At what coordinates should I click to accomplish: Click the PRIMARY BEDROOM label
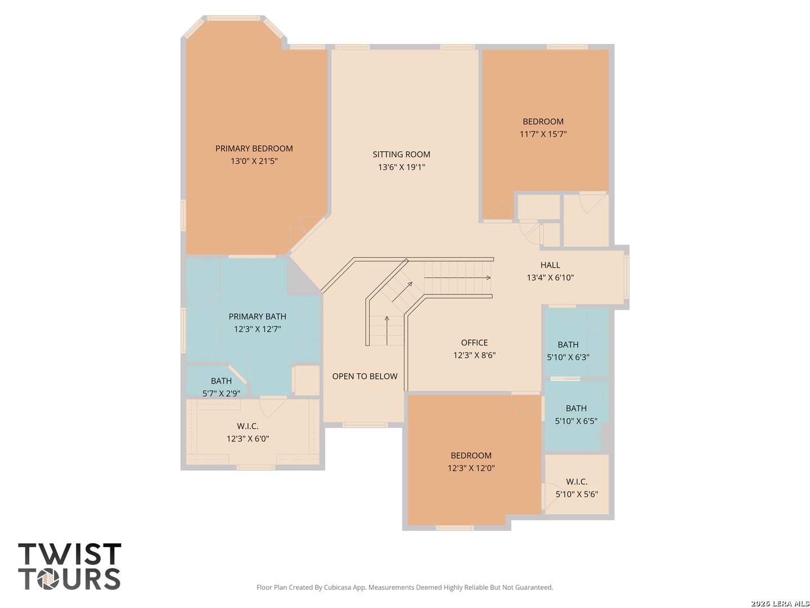[254, 149]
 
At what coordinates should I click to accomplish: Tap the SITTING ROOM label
[401, 154]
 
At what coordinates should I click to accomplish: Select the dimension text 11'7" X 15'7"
[543, 134]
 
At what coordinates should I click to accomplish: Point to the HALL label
[550, 265]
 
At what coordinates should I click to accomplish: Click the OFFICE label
[474, 343]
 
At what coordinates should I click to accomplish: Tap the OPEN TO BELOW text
[364, 376]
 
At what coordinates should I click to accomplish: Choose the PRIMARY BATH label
[257, 316]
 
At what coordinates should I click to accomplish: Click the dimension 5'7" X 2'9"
[221, 394]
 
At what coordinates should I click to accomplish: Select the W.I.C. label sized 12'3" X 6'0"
[247, 426]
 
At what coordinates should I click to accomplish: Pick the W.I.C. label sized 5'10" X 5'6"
[577, 482]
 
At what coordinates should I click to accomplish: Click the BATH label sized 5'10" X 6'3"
[568, 345]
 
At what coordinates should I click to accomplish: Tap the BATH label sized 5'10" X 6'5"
[576, 408]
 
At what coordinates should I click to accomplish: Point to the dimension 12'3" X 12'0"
[471, 468]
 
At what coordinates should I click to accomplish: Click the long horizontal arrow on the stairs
[457, 278]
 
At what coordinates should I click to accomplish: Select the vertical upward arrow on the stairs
[387, 331]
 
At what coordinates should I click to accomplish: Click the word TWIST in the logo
[69, 554]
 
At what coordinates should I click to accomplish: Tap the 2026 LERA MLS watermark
[780, 603]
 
